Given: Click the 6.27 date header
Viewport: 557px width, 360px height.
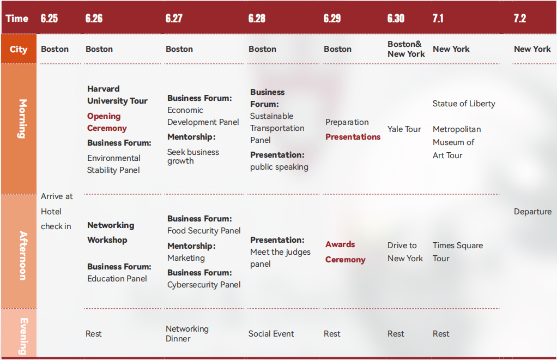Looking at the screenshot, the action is pos(174,18).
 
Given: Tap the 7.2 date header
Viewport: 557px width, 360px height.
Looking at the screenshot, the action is pos(520,18).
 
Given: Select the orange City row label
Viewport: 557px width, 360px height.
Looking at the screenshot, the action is pos(19,49).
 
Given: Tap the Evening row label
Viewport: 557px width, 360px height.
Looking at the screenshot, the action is pos(23,336).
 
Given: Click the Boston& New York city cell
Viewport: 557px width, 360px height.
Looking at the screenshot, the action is pos(406,49).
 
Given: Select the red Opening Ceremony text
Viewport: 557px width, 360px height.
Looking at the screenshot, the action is pos(107,122).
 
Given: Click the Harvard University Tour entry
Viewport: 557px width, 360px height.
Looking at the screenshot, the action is pos(117,95).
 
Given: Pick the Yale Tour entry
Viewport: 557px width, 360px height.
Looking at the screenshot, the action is pos(404,129).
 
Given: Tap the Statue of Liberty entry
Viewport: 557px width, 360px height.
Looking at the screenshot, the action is pos(464,104).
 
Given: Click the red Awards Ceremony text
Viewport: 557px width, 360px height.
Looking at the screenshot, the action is pos(346,251).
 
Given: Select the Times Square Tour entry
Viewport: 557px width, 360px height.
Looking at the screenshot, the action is pos(458,251).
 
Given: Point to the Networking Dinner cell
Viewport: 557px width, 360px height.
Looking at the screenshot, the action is pos(187,333).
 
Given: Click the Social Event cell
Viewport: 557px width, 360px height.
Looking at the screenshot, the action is pos(271,334).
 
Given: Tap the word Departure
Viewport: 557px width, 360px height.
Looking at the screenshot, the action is pos(532,212).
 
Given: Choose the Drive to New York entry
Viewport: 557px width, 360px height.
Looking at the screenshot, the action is pos(405,251).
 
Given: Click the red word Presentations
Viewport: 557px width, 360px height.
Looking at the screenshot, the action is pos(353,137).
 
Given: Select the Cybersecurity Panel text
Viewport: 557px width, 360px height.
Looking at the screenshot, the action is pos(204,285).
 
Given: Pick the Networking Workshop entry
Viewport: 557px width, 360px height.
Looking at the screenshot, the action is pos(111,232).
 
